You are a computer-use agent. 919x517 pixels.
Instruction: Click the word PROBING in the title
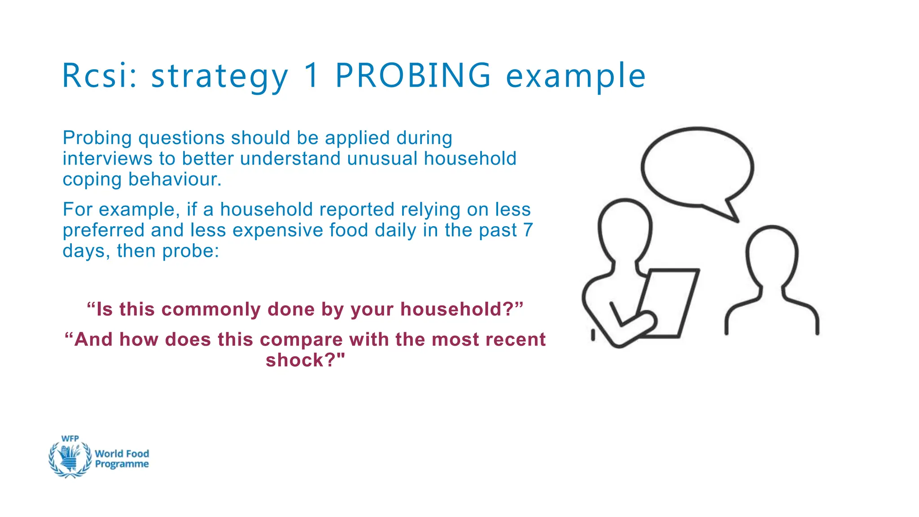tap(413, 75)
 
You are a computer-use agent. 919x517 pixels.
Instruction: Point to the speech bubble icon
tap(697, 168)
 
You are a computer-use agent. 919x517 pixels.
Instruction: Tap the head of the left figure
tap(625, 229)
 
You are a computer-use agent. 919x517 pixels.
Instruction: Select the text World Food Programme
tap(122, 459)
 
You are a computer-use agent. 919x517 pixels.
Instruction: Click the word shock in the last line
tap(296, 360)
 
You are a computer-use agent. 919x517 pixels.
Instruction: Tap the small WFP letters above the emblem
tap(70, 438)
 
